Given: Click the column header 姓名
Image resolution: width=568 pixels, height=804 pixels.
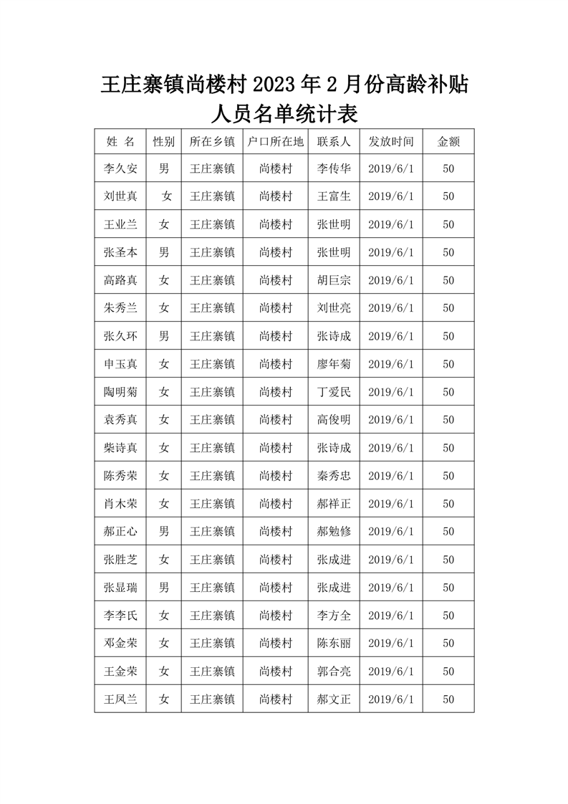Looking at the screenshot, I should point(120,141).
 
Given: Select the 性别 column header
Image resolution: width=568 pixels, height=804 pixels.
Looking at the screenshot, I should point(164,141).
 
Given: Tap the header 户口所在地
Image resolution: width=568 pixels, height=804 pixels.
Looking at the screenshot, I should point(275,141).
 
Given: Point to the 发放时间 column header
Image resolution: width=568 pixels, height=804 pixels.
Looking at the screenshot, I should point(390,141).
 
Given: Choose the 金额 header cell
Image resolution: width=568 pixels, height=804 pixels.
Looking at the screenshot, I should point(448,141).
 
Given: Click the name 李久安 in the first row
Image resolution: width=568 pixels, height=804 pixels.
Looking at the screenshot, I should point(120,169).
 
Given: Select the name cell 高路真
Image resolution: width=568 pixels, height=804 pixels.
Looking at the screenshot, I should point(120,281).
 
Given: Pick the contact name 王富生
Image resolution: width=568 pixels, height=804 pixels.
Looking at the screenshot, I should point(334,196).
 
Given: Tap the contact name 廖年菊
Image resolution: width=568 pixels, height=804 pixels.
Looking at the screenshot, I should point(334,364).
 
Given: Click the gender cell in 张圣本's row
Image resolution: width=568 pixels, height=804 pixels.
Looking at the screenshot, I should point(164,252).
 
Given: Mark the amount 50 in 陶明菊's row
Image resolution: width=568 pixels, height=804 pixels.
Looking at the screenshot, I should point(448,392).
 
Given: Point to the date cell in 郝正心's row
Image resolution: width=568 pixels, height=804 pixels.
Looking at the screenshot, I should point(390,532).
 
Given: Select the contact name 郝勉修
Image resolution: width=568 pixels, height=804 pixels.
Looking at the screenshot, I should point(334,532).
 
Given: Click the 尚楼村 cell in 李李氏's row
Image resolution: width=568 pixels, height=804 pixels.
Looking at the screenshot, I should point(275,616).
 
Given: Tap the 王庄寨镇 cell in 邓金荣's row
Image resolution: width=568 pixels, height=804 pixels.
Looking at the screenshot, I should point(212,643).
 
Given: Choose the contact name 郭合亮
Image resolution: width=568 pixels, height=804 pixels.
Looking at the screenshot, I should point(334,671).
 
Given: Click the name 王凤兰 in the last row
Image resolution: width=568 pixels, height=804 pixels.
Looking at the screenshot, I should point(120,699).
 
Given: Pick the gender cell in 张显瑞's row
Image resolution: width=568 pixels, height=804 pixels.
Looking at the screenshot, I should point(164,588).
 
